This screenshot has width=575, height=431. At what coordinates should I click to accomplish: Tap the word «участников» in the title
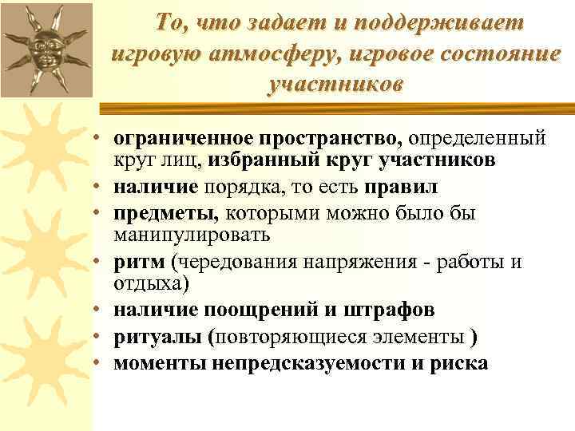[336, 84]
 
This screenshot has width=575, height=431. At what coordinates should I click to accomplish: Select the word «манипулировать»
[192, 235]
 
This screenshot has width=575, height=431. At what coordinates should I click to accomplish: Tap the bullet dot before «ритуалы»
[95, 337]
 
